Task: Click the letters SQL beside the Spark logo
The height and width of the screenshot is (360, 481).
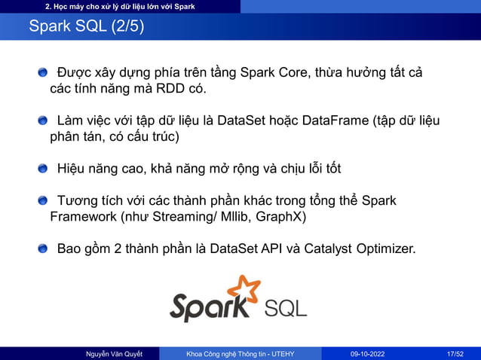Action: pos(286,308)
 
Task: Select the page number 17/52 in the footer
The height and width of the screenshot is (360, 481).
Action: pos(454,352)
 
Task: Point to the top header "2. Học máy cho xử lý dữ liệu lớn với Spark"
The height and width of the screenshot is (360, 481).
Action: pos(120,7)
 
